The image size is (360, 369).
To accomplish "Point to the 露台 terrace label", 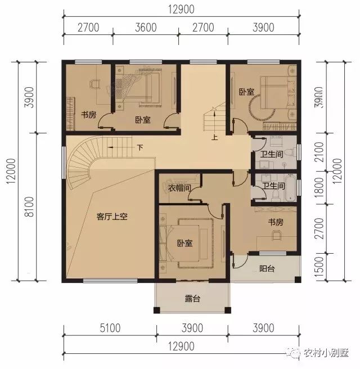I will coord(192,299).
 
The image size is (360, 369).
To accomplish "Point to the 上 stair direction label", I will coord(214,137).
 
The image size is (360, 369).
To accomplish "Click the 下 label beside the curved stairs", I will coord(140,148).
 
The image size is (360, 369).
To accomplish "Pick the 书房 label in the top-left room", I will coord(88,115).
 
